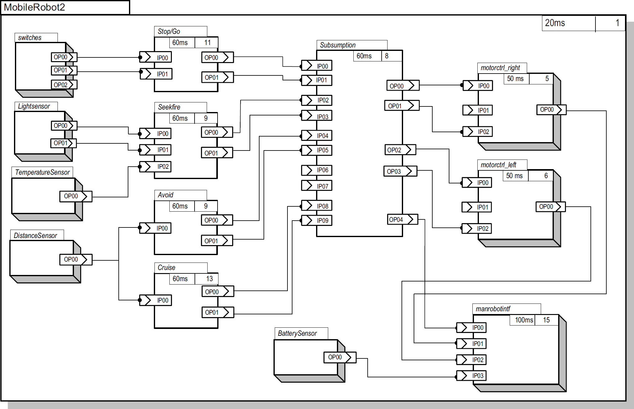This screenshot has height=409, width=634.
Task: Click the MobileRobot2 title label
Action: click(34, 7)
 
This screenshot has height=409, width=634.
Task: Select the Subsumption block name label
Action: click(338, 45)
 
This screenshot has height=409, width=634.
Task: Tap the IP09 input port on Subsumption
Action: click(316, 220)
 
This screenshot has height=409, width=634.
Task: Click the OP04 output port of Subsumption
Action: click(402, 219)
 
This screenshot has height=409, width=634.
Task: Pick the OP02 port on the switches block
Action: click(64, 85)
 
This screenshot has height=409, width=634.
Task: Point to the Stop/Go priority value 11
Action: click(207, 43)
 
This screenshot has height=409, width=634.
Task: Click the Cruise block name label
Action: click(166, 267)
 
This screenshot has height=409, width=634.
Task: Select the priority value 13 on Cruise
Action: click(209, 279)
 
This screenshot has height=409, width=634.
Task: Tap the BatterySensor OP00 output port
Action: click(340, 357)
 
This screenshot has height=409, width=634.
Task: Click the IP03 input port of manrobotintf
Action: click(471, 376)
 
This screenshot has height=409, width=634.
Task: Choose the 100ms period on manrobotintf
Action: click(524, 320)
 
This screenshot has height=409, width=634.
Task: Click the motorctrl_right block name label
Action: click(500, 68)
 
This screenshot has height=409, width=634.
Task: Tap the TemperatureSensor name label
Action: click(42, 172)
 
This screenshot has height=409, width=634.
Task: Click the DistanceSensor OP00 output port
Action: click(76, 259)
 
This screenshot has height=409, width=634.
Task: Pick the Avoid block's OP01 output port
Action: click(217, 241)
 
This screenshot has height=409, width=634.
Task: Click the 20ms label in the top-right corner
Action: click(555, 23)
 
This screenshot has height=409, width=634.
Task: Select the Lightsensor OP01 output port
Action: click(64, 143)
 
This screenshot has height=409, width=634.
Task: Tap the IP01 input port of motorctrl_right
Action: click(478, 110)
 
